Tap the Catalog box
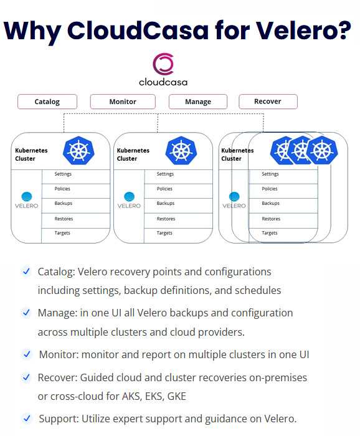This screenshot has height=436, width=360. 47,102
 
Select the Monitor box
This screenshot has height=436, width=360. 123,102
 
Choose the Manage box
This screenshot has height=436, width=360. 198,102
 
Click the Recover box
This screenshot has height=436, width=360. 268,101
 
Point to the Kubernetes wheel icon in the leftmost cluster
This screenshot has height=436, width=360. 78,151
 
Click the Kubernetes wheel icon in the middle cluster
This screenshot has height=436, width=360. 181,151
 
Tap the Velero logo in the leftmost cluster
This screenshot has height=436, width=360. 27,200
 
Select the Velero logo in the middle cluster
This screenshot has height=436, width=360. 129,200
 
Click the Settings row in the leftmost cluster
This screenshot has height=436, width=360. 76,176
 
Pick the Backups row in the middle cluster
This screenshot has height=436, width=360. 179,206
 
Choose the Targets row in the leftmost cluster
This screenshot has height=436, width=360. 76,235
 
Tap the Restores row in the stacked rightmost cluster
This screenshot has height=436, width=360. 283,220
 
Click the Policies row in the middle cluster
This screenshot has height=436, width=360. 179,191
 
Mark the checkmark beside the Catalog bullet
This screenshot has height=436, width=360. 26,271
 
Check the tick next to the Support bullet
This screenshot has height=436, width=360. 27,418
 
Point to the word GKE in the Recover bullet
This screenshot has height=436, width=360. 176,396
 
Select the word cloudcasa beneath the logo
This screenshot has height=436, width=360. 163,82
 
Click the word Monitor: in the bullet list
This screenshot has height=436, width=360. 59,354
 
